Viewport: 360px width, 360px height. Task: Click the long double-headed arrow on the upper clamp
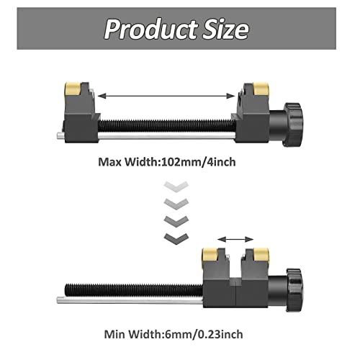167,94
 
